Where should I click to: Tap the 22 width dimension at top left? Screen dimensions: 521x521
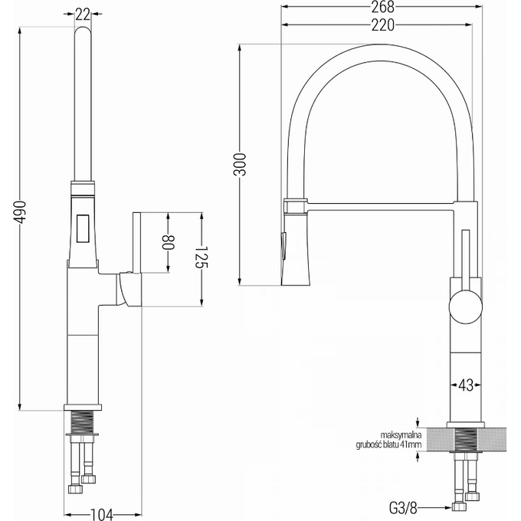click(83, 14)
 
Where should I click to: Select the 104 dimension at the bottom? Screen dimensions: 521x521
click(103, 515)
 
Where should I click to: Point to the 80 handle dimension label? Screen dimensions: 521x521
click(168, 242)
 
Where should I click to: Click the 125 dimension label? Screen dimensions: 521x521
click(202, 257)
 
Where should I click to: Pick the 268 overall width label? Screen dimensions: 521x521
click(383, 7)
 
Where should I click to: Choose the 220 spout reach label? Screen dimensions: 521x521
click(383, 25)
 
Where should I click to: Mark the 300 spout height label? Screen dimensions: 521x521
click(240, 165)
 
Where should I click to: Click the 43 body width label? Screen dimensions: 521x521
click(466, 385)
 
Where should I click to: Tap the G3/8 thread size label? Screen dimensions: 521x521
click(403, 508)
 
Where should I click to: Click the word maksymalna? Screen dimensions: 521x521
click(401, 435)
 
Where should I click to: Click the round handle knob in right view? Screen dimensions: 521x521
click(465, 306)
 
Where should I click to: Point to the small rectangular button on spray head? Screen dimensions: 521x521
click(83, 228)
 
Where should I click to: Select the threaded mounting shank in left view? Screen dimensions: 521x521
click(83, 421)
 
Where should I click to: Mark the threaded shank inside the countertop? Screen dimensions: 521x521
click(466, 440)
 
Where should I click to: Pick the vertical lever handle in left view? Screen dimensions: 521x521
click(137, 242)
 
